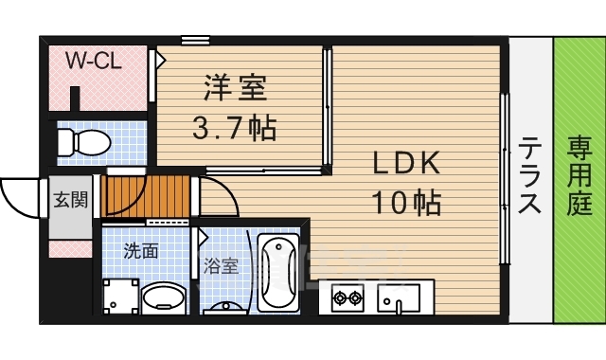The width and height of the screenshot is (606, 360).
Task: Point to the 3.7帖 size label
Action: [236, 128]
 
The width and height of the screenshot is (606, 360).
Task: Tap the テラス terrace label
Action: [530, 177]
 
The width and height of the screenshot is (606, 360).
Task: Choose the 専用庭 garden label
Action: [579, 177]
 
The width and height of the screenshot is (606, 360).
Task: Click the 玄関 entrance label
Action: [70, 200]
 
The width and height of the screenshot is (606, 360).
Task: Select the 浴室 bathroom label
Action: [221, 266]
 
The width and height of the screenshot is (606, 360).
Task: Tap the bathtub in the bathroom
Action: [278, 273]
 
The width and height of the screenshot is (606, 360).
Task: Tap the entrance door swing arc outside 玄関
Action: [20, 196]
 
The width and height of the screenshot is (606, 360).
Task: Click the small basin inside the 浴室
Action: [225, 306]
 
